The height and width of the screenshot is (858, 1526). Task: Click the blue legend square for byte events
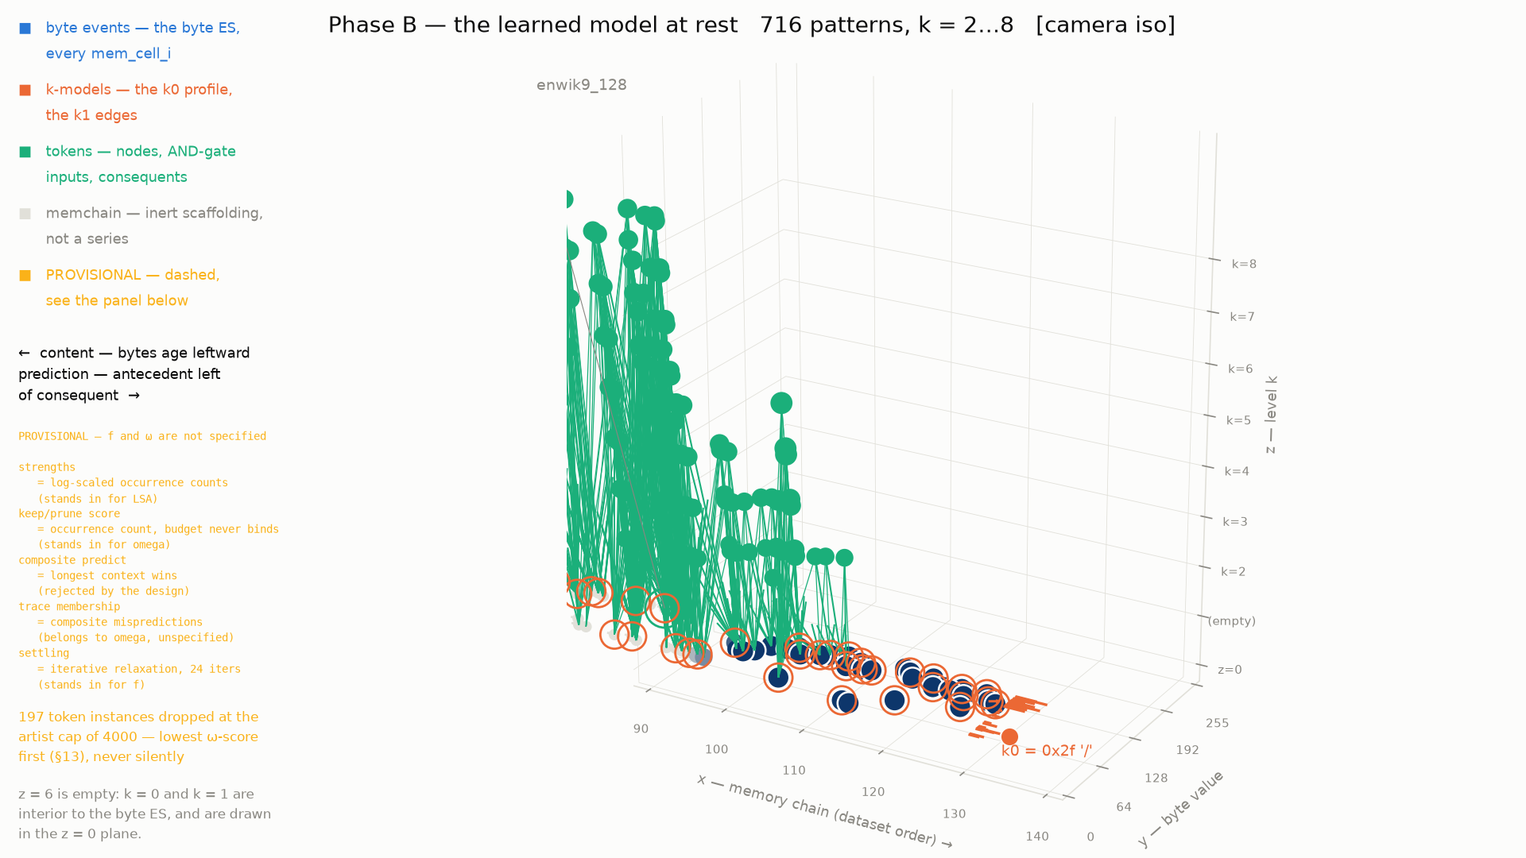pyautogui.click(x=25, y=29)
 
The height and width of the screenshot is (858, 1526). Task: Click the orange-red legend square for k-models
pyautogui.click(x=25, y=91)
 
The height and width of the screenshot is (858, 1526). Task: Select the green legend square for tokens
pyautogui.click(x=25, y=152)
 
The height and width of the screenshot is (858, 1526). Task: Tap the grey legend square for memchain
pyautogui.click(x=25, y=214)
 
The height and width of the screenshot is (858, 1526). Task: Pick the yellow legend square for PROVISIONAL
pyautogui.click(x=25, y=276)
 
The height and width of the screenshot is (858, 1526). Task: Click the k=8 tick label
pyautogui.click(x=1244, y=265)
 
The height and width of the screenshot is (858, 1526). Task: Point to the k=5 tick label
pyautogui.click(x=1238, y=420)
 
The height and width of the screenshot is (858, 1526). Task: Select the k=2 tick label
pyautogui.click(x=1234, y=572)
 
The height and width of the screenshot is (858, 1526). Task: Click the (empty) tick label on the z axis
pyautogui.click(x=1232, y=621)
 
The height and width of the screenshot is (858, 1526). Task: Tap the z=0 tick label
pyautogui.click(x=1230, y=670)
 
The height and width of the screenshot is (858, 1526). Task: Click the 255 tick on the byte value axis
pyautogui.click(x=1218, y=723)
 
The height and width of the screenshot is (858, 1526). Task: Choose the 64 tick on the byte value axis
pyautogui.click(x=1124, y=807)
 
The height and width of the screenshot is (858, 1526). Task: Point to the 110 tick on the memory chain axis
pyautogui.click(x=794, y=771)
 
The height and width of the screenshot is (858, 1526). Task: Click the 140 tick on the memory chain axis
pyautogui.click(x=1037, y=837)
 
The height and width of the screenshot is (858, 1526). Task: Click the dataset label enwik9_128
pyautogui.click(x=582, y=85)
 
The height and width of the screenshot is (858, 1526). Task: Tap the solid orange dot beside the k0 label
pyautogui.click(x=1009, y=736)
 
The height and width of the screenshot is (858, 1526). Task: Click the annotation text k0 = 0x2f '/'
pyautogui.click(x=1047, y=751)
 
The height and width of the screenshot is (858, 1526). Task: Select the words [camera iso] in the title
pyautogui.click(x=1106, y=25)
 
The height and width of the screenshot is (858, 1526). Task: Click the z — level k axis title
pyautogui.click(x=1271, y=415)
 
